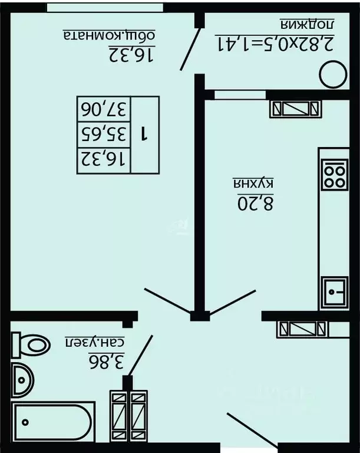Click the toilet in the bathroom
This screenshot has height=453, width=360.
[x=31, y=345]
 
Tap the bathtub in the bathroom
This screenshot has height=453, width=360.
[x=53, y=422]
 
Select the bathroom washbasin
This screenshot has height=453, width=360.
[x=22, y=380]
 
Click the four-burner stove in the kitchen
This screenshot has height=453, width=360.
[x=335, y=174]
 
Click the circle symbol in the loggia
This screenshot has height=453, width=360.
[x=333, y=74]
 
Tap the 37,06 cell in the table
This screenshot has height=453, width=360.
[x=104, y=109]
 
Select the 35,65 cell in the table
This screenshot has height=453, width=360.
[x=104, y=135]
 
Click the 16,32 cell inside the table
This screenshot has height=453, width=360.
[x=104, y=161]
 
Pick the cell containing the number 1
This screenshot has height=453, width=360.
[x=144, y=135]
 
